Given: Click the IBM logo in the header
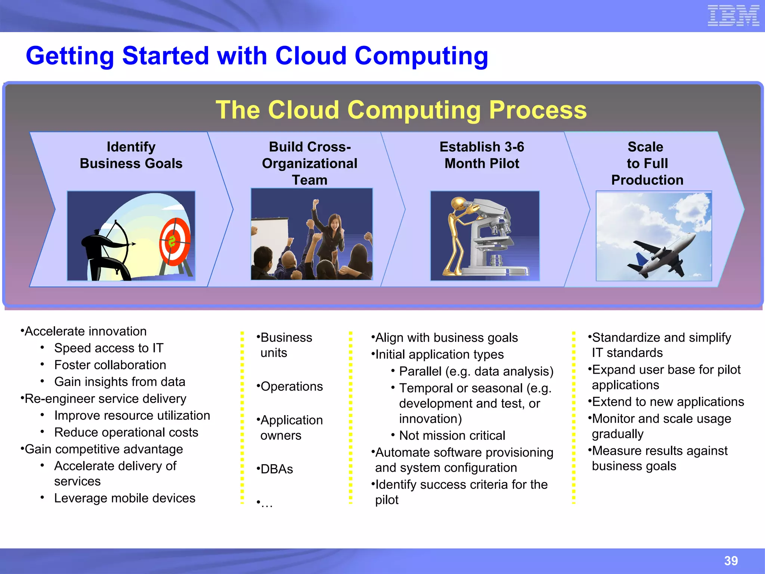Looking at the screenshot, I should coord(733,16).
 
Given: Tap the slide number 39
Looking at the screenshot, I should coord(731,561).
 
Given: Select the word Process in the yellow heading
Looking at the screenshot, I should coord(538,110).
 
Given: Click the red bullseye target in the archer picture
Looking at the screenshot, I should coord(174,241).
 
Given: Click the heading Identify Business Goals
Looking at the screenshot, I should coord(131,155).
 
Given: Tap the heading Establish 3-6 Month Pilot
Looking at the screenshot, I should coord(481,155).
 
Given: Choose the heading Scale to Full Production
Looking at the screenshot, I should coord(647,163).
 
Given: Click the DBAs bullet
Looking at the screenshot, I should coord(276,469).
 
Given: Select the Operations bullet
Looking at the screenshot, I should coord(291,386).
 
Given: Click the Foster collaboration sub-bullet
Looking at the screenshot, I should coord(110,365).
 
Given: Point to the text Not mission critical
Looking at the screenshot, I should coord(452,435).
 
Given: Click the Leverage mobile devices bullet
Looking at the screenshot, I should coord(124,498).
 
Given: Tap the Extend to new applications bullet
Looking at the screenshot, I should coord(668,402).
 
